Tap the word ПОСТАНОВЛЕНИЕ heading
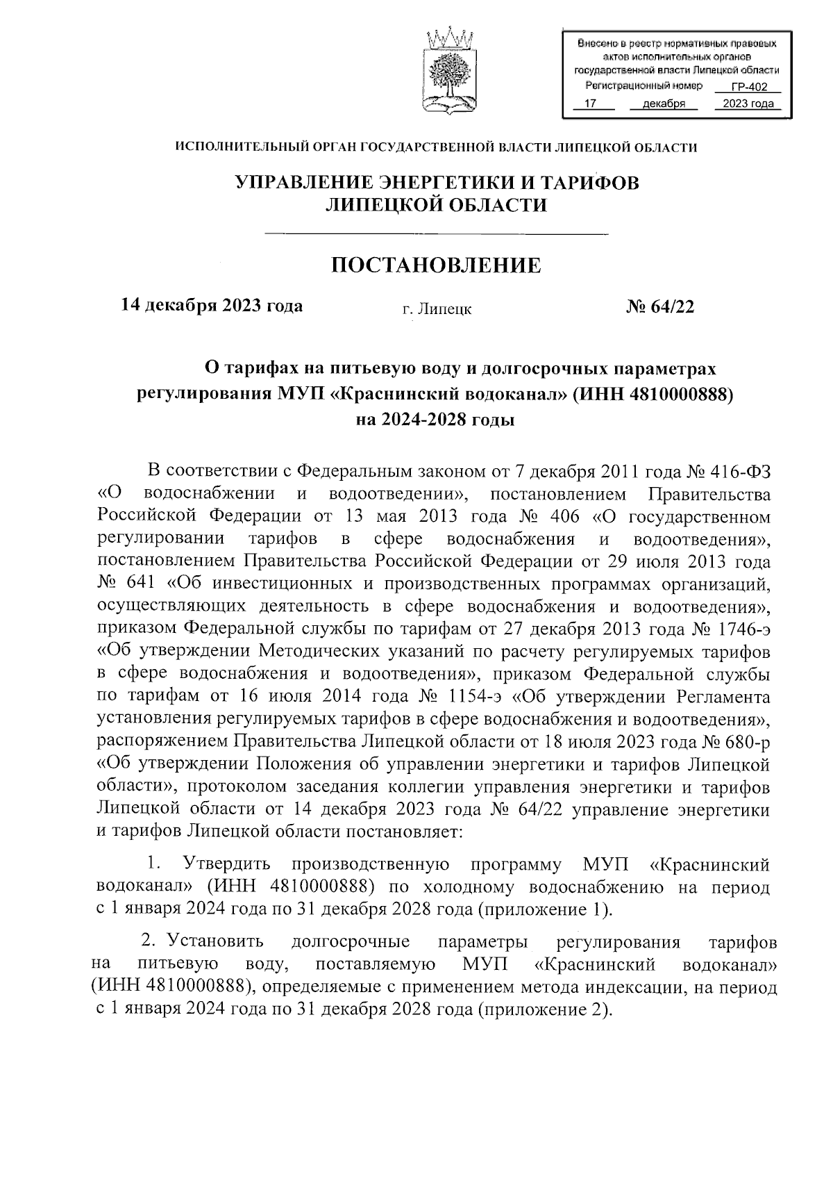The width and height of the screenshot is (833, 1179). pos(436,265)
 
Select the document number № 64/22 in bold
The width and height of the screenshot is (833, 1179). pos(660,307)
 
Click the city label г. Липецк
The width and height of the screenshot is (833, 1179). pos(437,309)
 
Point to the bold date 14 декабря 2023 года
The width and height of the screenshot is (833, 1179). pos(212,306)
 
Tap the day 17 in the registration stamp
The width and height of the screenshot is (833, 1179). pos(591,104)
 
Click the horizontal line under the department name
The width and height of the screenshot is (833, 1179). pos(436,233)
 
